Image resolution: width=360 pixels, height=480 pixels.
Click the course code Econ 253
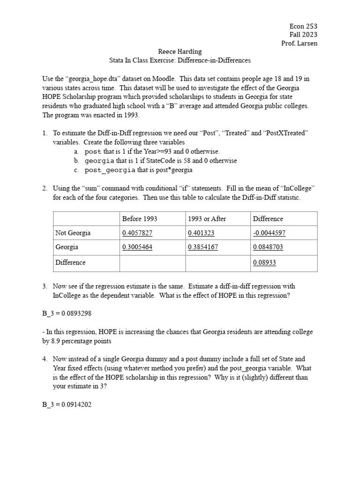pos(304,26)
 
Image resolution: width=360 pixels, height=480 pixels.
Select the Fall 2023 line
pos(303,35)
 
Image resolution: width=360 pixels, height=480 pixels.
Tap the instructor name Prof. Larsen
pos(299,44)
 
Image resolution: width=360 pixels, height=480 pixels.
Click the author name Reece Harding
pos(180,52)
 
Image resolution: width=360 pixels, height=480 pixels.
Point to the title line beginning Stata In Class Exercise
pos(180,60)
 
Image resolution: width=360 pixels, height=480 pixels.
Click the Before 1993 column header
pos(140,219)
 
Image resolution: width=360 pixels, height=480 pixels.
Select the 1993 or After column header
pos(207,219)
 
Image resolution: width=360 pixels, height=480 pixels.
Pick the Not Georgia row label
pos(73,233)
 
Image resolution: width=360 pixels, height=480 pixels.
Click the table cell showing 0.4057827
pos(137,233)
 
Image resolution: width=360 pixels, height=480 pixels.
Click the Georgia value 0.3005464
pos(137,247)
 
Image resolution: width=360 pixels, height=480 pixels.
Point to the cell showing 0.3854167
pos(203,247)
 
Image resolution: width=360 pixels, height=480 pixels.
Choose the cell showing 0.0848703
pos(268,247)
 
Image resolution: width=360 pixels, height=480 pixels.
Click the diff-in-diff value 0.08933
pos(264,263)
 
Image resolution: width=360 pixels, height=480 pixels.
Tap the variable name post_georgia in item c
pos(110,170)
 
